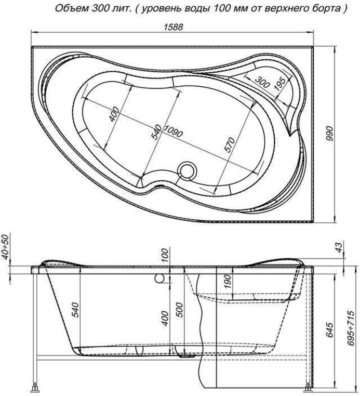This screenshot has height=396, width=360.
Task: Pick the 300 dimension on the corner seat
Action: point(262,81)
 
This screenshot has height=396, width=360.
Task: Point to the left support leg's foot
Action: point(36,387)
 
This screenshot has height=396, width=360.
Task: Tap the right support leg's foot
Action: point(310,387)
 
